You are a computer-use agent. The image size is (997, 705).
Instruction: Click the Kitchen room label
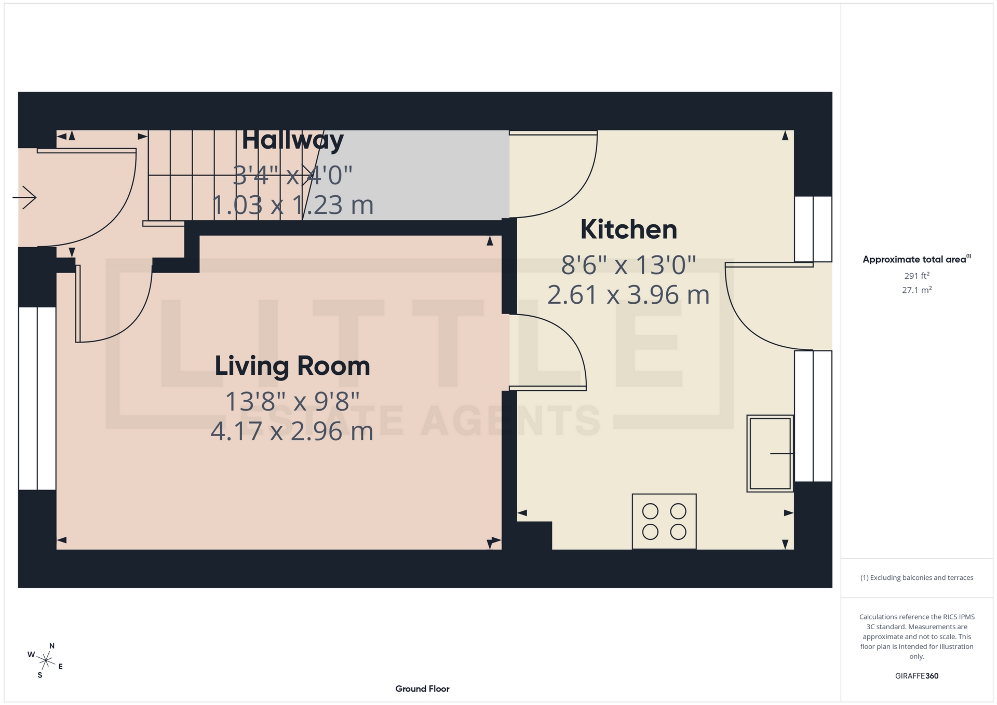[628, 229]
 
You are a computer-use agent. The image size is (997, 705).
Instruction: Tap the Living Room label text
[292, 366]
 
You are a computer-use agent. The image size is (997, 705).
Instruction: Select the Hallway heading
[292, 140]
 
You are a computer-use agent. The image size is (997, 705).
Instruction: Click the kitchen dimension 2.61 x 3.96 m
[628, 295]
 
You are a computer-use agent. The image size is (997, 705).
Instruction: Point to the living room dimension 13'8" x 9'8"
[292, 401]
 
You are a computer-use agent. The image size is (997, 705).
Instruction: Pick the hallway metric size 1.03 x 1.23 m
[292, 205]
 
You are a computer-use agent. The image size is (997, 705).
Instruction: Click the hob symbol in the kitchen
[664, 521]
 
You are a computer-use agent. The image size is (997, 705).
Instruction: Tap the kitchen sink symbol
[770, 453]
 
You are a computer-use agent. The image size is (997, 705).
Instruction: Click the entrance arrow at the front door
[24, 197]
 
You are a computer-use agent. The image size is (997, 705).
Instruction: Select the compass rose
[46, 661]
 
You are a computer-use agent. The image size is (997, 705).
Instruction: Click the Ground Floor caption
[422, 689]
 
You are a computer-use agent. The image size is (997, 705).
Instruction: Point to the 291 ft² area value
[917, 276]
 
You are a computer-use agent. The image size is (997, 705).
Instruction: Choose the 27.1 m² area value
[917, 290]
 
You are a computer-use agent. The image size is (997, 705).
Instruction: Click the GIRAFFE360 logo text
[917, 676]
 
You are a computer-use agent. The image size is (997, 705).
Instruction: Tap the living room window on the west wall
[37, 398]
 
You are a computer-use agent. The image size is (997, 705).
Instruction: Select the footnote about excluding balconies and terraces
[917, 578]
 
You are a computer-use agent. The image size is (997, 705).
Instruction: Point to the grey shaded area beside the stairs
[415, 174]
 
